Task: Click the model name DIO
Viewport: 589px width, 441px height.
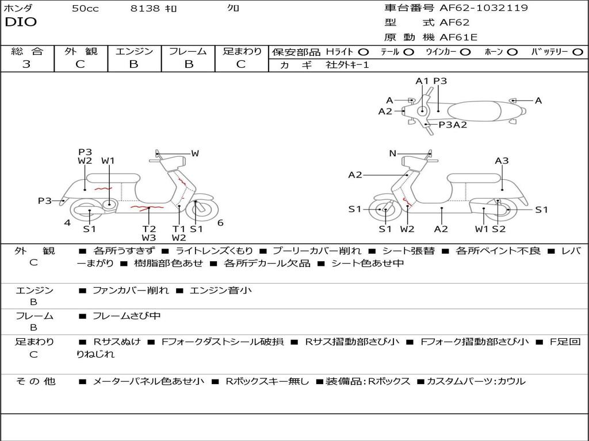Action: point(21,22)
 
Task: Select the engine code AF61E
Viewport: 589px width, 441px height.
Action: point(458,37)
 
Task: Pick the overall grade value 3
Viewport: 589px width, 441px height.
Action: point(26,64)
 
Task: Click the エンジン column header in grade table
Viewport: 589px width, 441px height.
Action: point(135,51)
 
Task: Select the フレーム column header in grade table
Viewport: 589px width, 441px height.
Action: point(188,51)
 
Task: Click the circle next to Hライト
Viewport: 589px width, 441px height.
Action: point(364,52)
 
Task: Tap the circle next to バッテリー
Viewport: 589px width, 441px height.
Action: point(577,52)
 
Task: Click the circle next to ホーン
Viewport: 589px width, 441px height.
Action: point(512,52)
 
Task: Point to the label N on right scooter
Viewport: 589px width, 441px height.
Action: point(393,153)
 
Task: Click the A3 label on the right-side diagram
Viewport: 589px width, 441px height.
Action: point(502,161)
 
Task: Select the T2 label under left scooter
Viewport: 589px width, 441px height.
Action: point(149,229)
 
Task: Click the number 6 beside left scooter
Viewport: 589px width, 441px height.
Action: point(220,223)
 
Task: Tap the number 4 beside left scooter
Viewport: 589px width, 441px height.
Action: point(67,223)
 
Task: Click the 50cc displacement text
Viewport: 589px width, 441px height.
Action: point(85,9)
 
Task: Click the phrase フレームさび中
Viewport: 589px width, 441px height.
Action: point(127,316)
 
